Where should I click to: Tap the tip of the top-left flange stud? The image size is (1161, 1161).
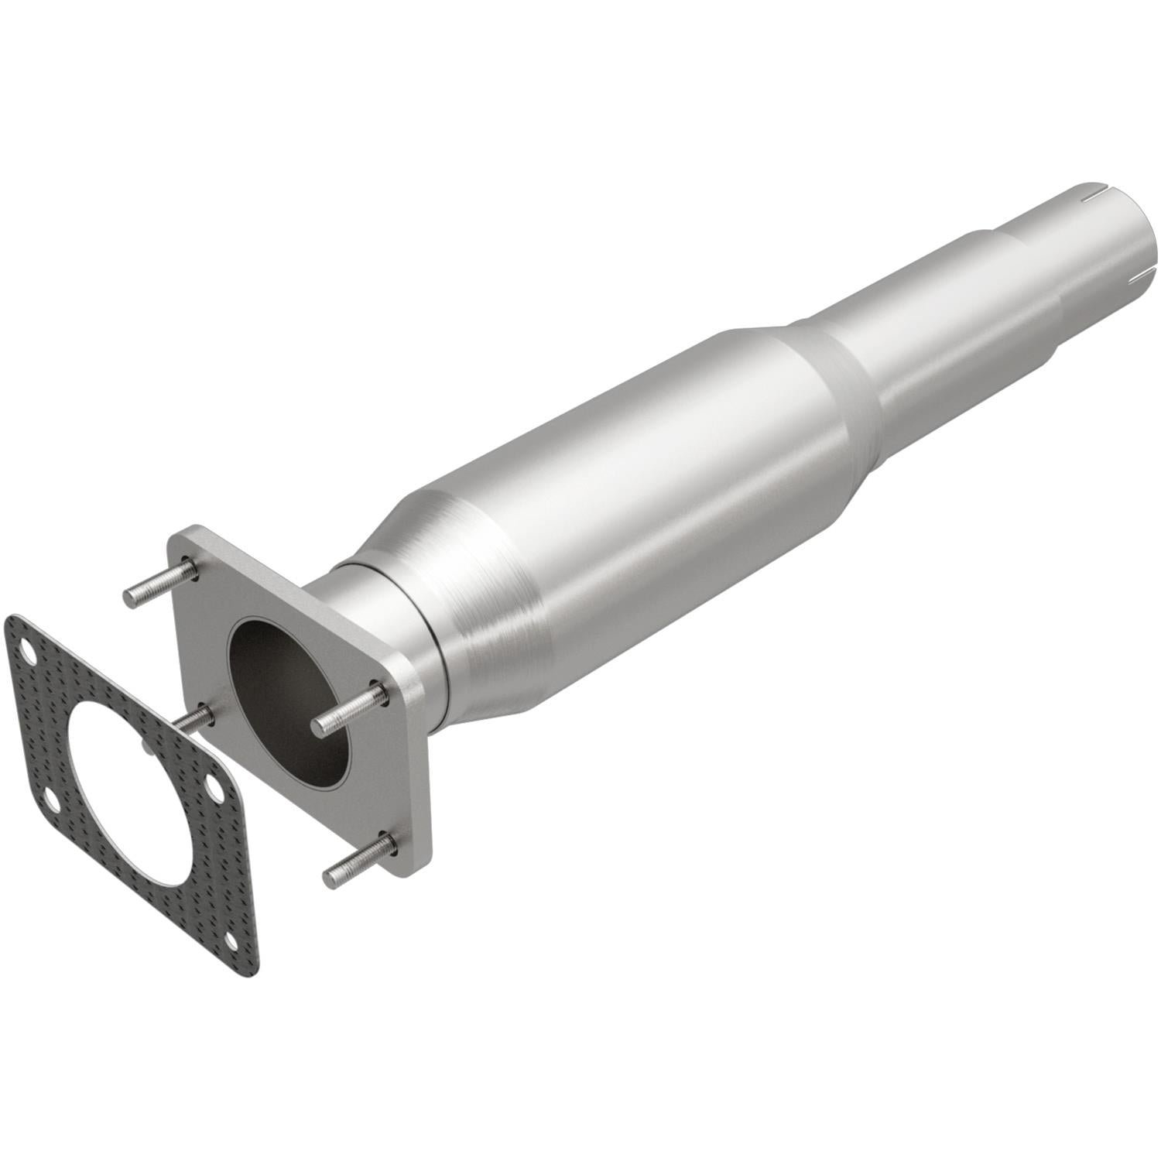(x=130, y=598)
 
